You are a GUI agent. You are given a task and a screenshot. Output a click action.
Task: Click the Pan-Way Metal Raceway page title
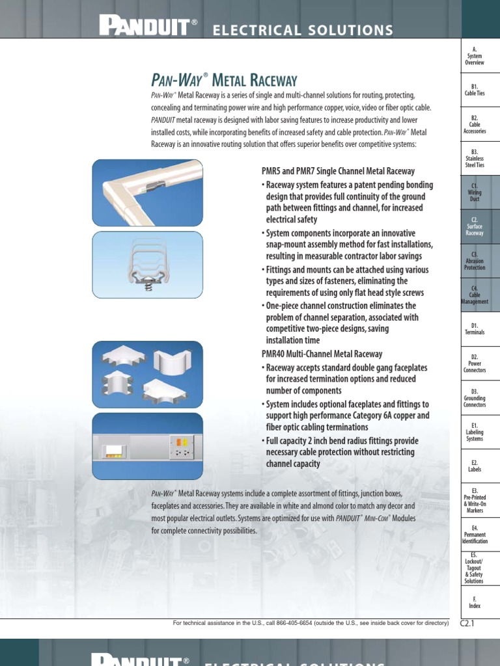coord(224,80)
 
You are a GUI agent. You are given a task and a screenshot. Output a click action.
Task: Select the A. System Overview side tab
coord(475,56)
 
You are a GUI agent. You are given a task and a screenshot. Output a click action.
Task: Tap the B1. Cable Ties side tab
coord(475,90)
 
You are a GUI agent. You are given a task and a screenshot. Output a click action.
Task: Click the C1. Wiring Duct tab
coord(475,193)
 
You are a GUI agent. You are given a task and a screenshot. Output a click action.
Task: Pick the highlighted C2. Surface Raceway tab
coord(475,226)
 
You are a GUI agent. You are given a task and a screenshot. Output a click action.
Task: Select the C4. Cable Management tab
coord(475,295)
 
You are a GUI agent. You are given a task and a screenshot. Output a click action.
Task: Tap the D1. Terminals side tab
coord(475,328)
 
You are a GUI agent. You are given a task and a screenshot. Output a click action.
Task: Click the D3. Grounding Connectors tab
coord(475,397)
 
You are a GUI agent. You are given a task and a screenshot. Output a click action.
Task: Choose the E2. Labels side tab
coord(475,465)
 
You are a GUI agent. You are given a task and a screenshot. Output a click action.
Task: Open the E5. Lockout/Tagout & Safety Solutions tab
coord(475,568)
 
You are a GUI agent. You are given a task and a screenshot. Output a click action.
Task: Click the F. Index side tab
coord(475,602)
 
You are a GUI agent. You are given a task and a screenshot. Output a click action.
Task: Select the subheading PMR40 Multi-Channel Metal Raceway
coord(322,354)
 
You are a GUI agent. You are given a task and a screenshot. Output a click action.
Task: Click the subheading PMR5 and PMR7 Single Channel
coord(338,171)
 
